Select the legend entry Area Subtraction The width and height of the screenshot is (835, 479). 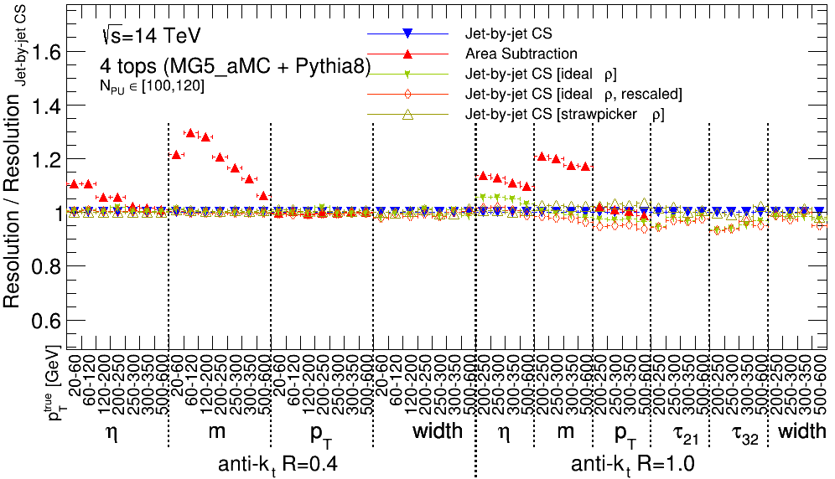[x=520, y=54]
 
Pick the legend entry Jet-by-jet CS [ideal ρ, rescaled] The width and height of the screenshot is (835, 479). [x=573, y=94]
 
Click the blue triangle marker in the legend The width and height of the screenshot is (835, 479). [x=407, y=33]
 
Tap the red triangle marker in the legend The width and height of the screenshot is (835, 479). [x=407, y=54]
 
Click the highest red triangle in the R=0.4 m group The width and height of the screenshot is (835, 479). [x=190, y=132]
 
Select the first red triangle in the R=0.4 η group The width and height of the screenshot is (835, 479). [x=74, y=183]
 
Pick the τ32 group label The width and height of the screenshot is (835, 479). [x=738, y=434]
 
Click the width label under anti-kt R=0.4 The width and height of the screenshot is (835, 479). [x=437, y=432]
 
